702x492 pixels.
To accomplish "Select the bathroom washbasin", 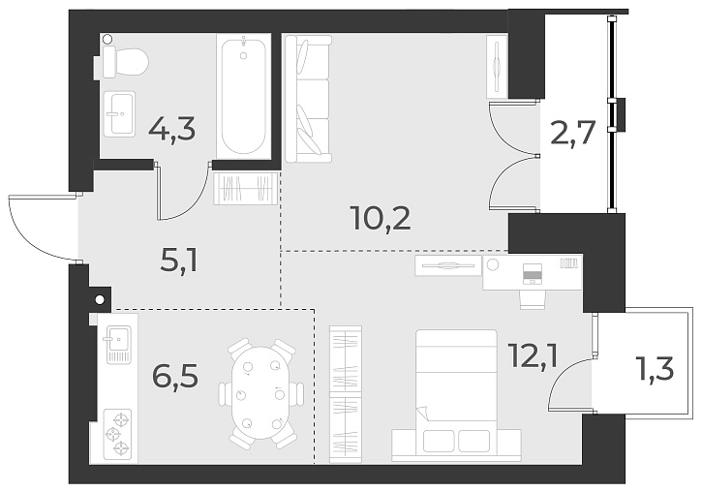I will coord(121,114).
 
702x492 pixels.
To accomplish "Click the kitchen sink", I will coord(119,343).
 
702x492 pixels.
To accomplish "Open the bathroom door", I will coord(184,194).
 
